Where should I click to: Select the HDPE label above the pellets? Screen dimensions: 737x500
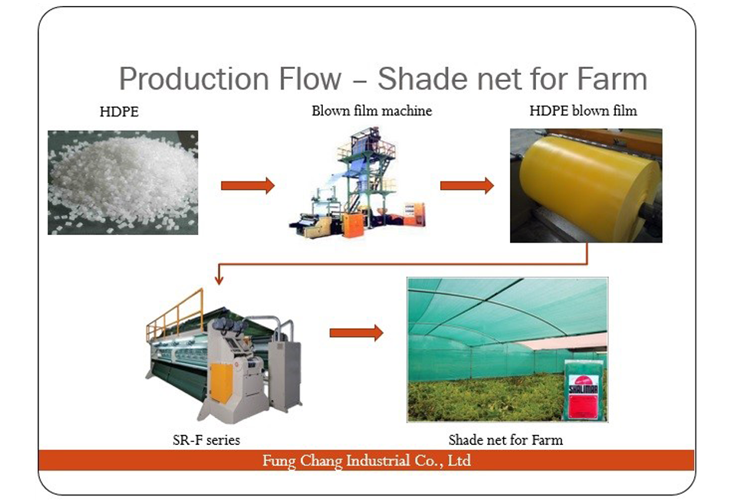[119, 112]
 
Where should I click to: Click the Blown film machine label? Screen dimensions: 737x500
[372, 111]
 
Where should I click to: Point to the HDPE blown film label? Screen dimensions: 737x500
[584, 111]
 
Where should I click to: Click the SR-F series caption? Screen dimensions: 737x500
[206, 440]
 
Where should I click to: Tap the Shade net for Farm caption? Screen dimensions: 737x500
[505, 440]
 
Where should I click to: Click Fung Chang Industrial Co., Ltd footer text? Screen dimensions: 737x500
[367, 460]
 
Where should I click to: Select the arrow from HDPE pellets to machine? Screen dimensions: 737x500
[248, 185]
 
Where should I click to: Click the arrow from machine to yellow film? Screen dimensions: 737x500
[467, 185]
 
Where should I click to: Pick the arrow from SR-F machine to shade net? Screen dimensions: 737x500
[357, 333]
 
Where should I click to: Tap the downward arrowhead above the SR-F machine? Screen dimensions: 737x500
[219, 280]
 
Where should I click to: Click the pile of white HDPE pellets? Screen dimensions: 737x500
[123, 183]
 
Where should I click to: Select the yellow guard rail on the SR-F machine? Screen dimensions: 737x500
[175, 314]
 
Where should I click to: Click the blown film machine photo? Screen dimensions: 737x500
[358, 182]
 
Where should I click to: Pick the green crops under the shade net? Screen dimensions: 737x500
[484, 398]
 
